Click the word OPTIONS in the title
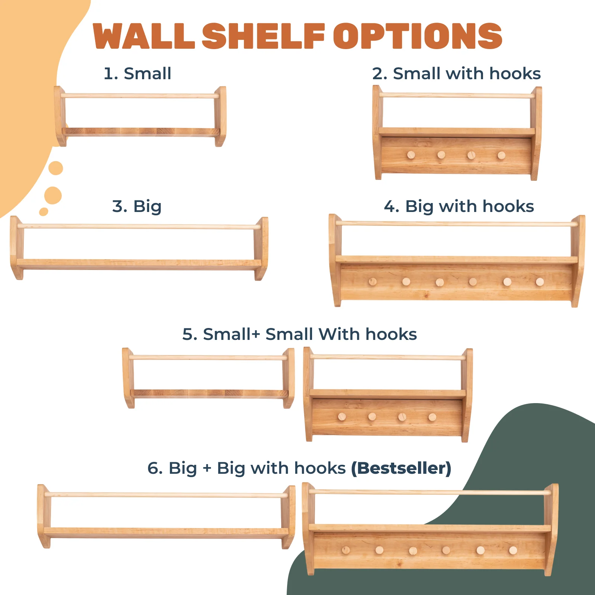(x=417, y=36)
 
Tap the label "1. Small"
(x=138, y=74)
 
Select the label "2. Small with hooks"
(x=456, y=74)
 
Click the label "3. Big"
(x=137, y=206)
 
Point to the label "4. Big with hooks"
(x=459, y=206)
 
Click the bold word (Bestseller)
(x=401, y=468)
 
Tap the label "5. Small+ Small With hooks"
(x=299, y=334)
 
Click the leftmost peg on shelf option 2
(x=411, y=155)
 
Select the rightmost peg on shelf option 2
(x=501, y=155)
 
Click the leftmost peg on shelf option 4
(x=373, y=282)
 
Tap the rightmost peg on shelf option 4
(x=540, y=282)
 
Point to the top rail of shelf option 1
(x=140, y=96)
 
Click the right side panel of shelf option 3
(x=261, y=248)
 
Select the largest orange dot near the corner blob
(x=53, y=195)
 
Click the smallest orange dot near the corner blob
(x=44, y=212)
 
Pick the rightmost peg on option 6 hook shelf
(x=513, y=550)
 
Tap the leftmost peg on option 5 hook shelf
(x=342, y=417)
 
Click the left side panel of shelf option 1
(x=59, y=116)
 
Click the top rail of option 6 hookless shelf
(x=166, y=495)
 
